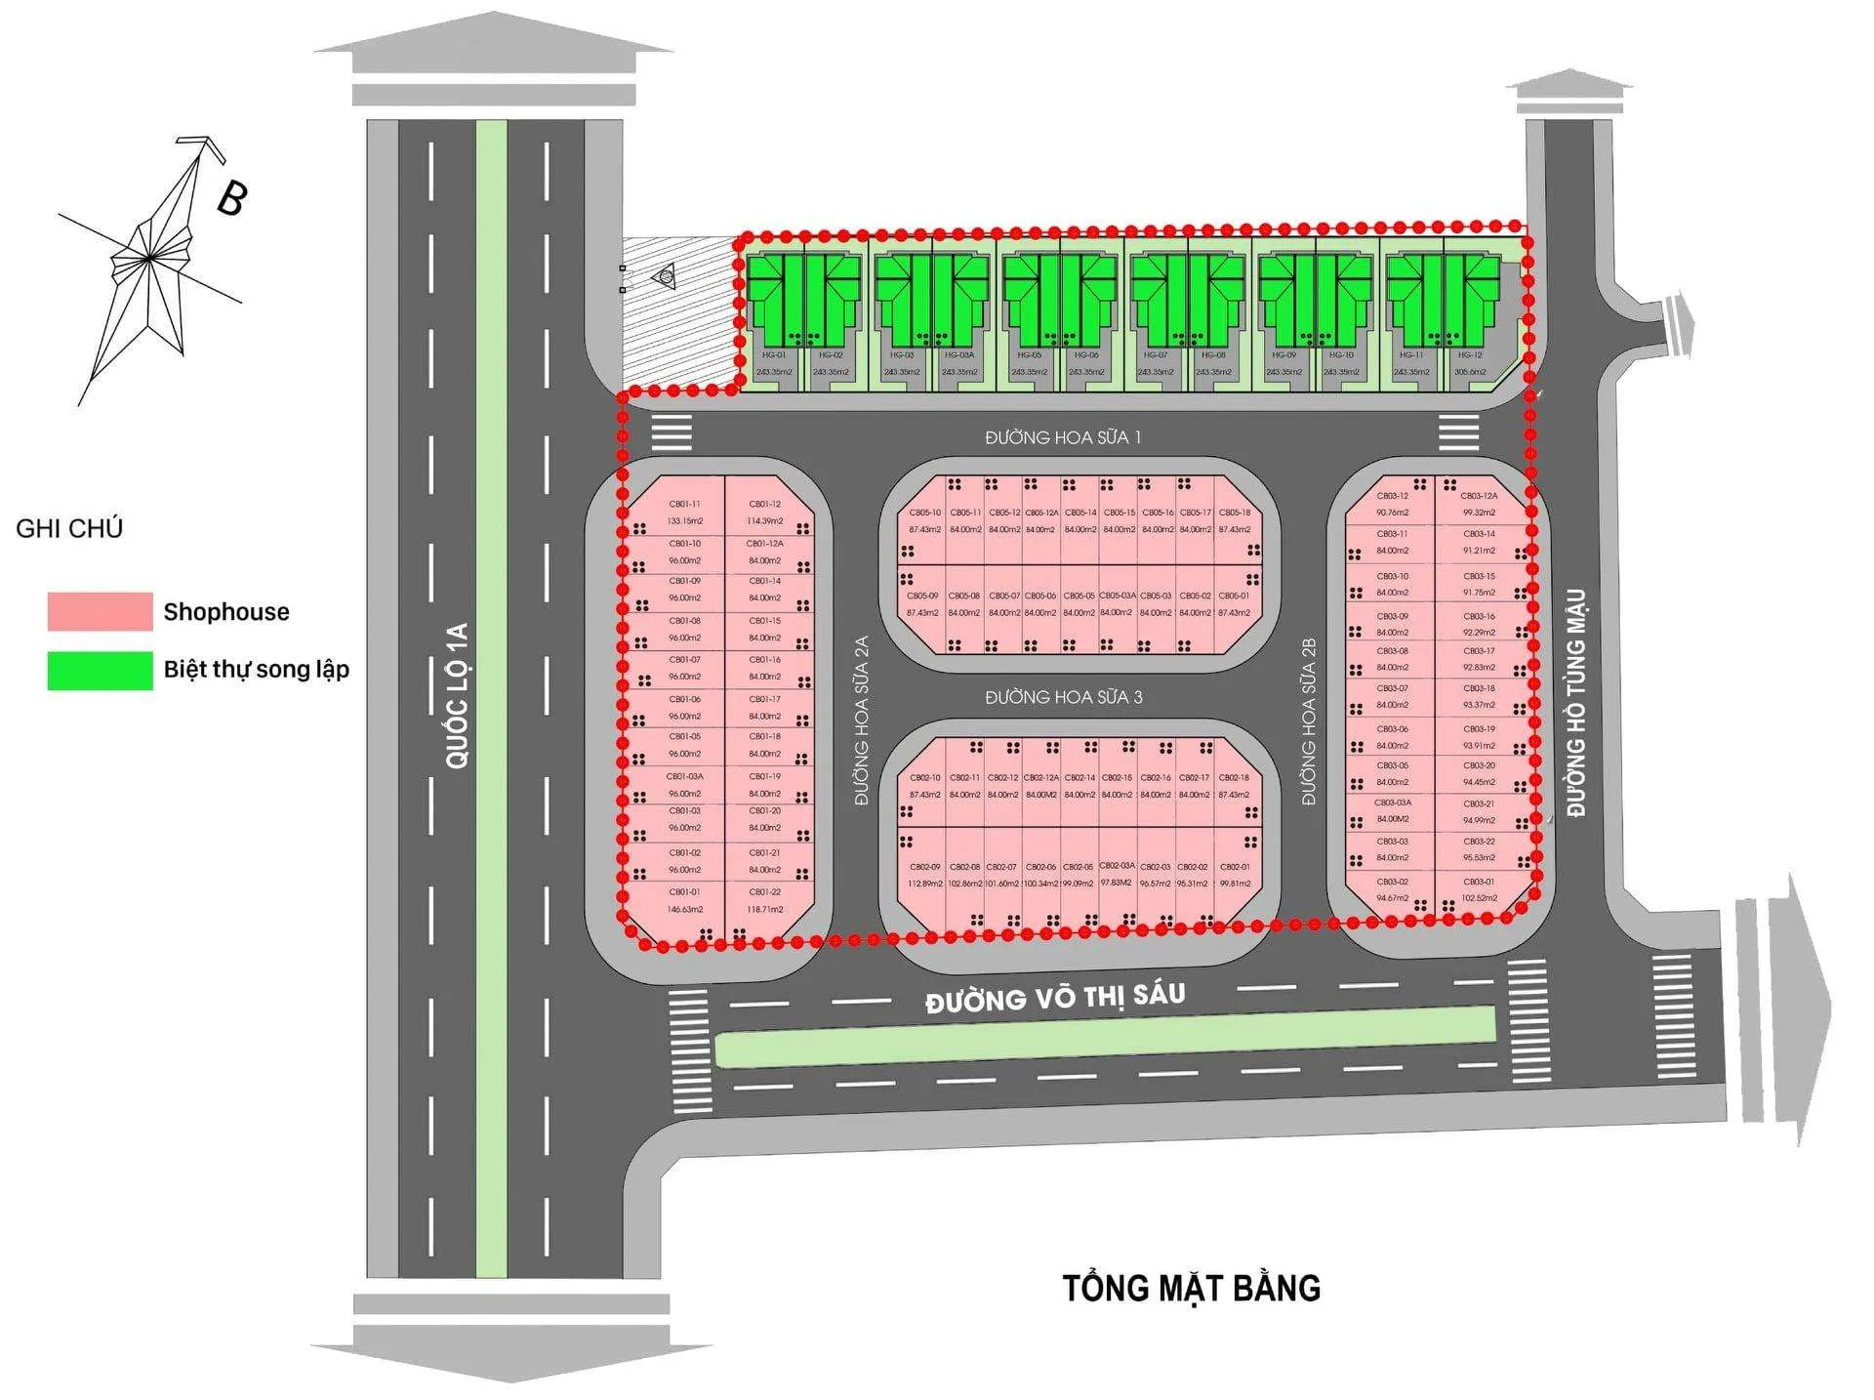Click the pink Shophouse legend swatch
pos(100,611)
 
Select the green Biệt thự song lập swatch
pos(100,671)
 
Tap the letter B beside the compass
pos(231,198)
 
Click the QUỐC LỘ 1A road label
pos(457,696)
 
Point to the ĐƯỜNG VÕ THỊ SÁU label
pos(1055,998)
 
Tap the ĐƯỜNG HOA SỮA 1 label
pos(1063,437)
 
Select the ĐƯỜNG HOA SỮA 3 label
pos(1063,697)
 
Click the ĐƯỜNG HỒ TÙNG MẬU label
pos(1576,702)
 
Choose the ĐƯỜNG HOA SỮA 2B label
pos(1309,721)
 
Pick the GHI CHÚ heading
pos(69,529)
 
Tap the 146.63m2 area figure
pos(684,909)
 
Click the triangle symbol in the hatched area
pos(667,277)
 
